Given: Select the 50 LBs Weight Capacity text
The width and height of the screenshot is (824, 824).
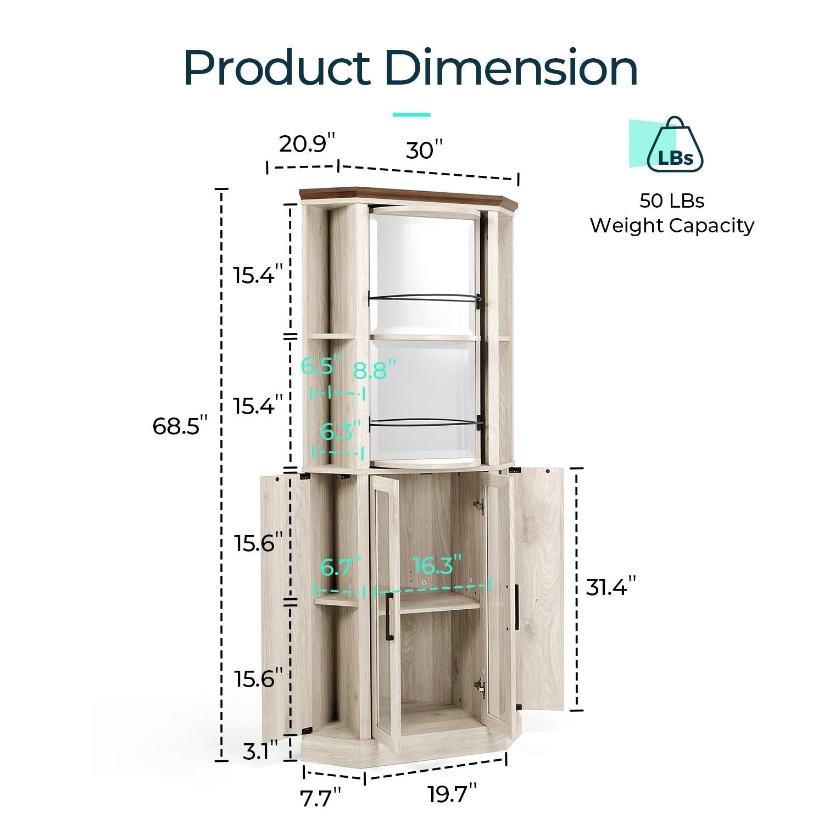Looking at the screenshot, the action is [x=672, y=213].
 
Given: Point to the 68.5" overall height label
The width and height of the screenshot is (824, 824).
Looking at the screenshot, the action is [x=180, y=426].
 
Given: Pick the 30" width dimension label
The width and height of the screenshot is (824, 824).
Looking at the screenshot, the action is [x=424, y=150].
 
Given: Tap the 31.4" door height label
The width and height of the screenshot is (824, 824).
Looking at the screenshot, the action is [x=611, y=587].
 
